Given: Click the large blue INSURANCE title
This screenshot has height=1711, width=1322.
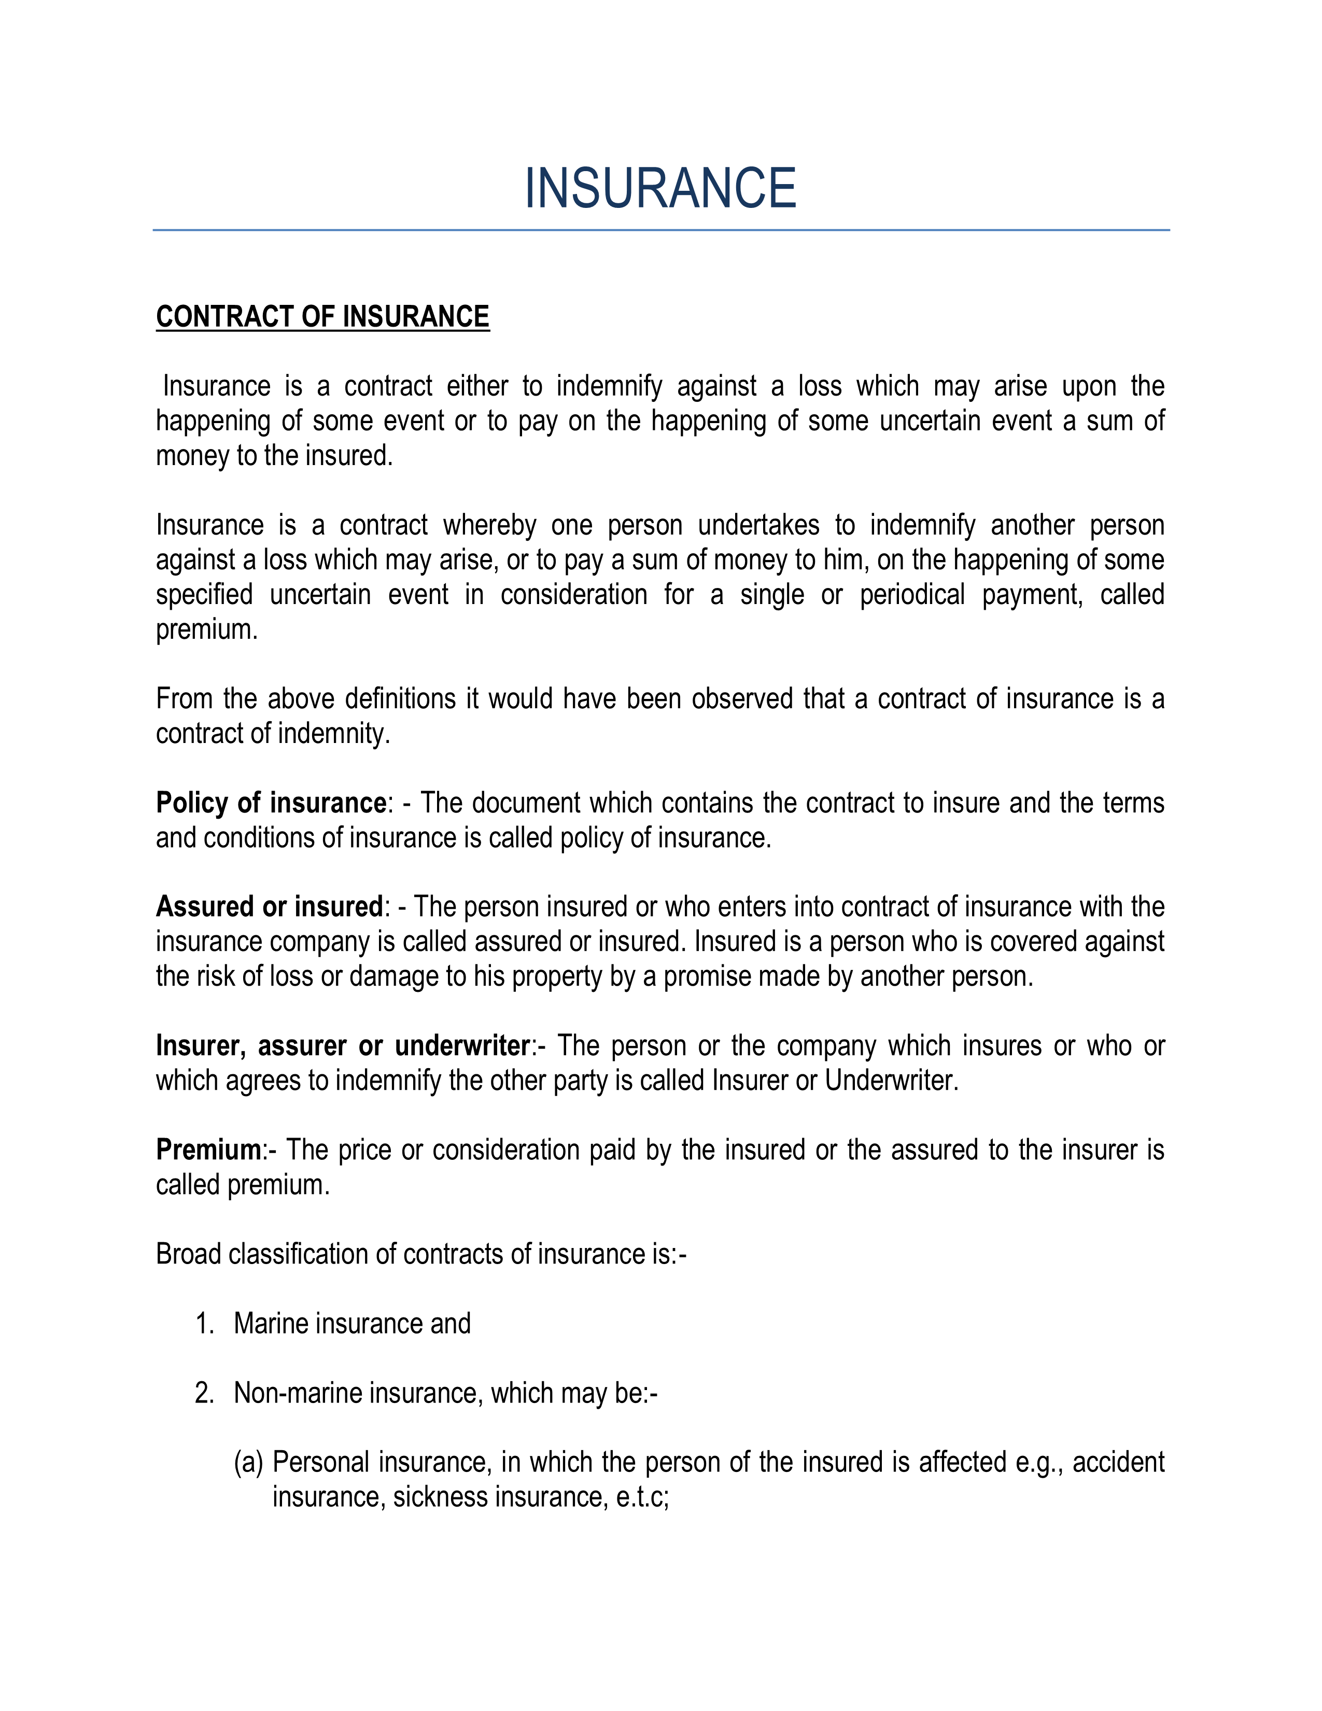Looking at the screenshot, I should (660, 189).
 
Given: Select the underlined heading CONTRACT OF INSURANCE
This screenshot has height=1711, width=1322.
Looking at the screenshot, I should (322, 316).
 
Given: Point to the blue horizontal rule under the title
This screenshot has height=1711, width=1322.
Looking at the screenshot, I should (660, 230).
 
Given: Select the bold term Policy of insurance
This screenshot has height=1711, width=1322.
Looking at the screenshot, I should (271, 803).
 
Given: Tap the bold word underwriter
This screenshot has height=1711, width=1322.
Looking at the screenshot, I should (462, 1046).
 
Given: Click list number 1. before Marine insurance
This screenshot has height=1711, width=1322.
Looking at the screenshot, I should (204, 1324).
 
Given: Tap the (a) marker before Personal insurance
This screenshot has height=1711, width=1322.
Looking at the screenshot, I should (248, 1463).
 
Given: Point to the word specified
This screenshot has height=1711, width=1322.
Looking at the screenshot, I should (204, 595).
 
